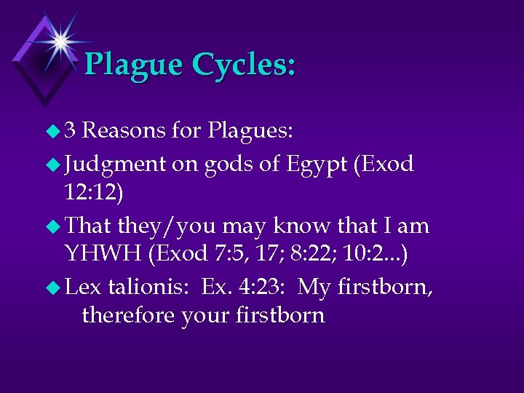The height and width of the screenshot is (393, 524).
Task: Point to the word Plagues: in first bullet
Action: click(250, 130)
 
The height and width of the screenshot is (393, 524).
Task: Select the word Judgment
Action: click(115, 164)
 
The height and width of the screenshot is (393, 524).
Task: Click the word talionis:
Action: click(148, 287)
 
